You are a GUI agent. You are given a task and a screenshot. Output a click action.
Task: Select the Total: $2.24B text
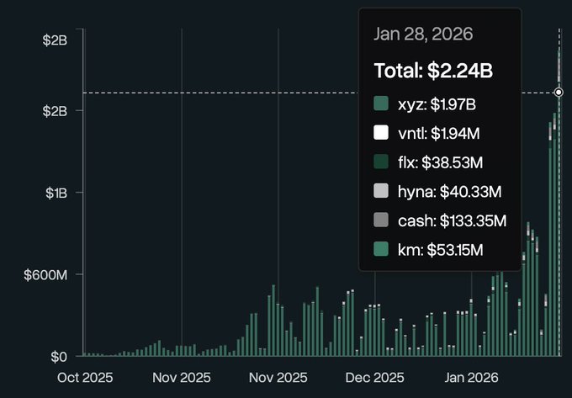(x=433, y=72)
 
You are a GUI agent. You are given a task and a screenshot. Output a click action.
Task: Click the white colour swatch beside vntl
(x=381, y=132)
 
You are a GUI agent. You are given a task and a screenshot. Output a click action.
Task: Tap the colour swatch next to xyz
(x=381, y=103)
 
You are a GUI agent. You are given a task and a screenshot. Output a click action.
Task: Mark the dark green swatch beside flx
(x=381, y=162)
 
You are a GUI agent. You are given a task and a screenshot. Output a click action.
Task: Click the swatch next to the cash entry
(x=381, y=220)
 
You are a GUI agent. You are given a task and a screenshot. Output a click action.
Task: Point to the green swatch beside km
(x=381, y=249)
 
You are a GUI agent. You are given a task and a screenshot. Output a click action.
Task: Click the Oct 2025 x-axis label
(x=84, y=378)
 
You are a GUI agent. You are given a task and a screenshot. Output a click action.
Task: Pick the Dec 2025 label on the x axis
(x=375, y=378)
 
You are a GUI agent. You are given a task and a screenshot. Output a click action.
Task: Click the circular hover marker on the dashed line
(x=559, y=92)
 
